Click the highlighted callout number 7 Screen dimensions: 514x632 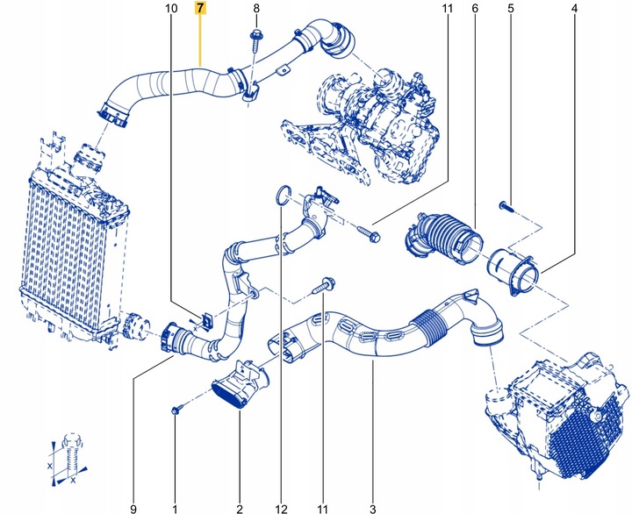coord(201,10)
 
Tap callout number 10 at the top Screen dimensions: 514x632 coord(171,10)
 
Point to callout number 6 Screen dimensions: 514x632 coord(475,10)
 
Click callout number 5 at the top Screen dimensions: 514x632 coord(509,10)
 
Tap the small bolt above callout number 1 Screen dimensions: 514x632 coord(176,410)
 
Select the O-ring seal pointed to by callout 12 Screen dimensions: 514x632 coord(279,195)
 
